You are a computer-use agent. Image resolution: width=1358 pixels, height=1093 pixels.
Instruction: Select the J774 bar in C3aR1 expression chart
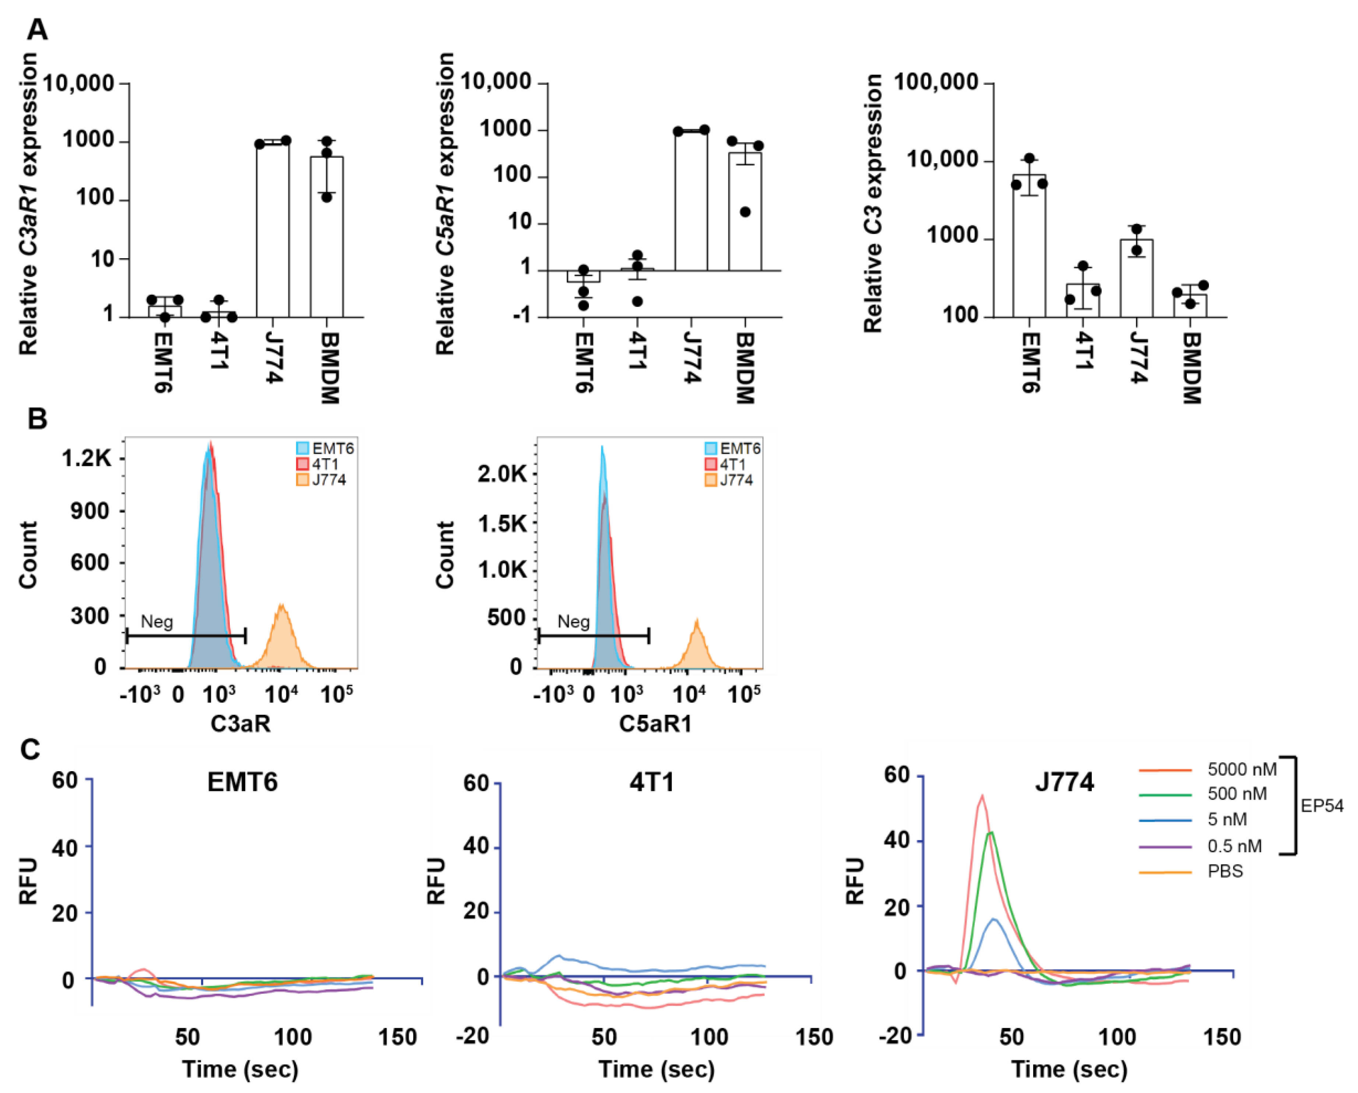tap(273, 230)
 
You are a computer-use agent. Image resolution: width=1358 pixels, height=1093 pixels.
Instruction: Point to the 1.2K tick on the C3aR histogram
tap(86, 458)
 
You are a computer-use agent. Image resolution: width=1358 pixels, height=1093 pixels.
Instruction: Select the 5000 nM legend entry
tap(1241, 769)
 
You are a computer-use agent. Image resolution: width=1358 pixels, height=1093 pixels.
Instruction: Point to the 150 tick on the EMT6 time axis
tap(397, 1037)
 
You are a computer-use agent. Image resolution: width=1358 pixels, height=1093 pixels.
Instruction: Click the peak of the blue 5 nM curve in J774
tap(994, 919)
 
